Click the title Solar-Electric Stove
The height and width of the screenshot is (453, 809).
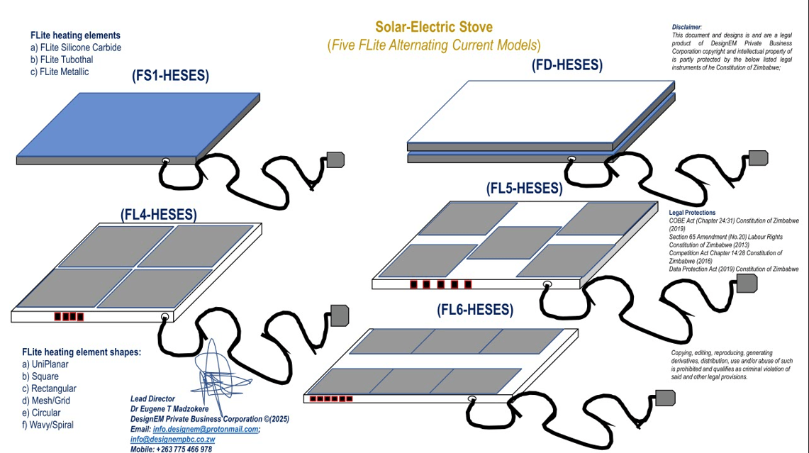tap(433, 28)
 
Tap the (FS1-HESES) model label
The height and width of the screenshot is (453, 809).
tap(170, 77)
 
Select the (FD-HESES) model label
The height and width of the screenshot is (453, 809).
tap(567, 65)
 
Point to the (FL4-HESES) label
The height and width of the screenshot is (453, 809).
tap(159, 213)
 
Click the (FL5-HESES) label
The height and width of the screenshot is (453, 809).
tap(524, 189)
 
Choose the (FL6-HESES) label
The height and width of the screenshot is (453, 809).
tap(474, 310)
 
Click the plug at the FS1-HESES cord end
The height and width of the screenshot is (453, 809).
tap(334, 160)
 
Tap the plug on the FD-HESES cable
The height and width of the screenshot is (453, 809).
tap(758, 158)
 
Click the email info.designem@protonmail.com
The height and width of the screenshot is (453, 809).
tap(206, 429)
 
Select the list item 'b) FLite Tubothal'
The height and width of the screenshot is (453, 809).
tap(62, 60)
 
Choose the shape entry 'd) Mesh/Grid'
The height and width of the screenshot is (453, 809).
tap(45, 401)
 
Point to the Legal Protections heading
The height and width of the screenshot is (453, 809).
tap(692, 213)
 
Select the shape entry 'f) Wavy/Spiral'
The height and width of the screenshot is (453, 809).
tap(48, 425)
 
